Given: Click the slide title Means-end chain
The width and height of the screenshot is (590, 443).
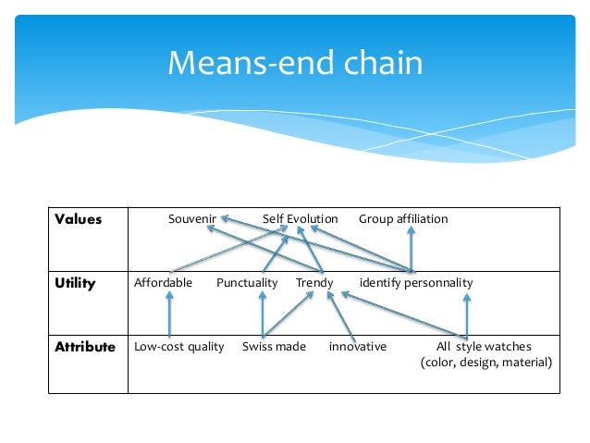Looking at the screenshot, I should click(x=294, y=63).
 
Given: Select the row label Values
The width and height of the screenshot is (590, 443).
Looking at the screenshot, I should click(x=78, y=219).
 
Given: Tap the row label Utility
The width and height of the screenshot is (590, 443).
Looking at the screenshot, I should click(x=75, y=283).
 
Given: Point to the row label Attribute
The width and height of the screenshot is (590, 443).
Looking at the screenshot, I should click(x=84, y=347).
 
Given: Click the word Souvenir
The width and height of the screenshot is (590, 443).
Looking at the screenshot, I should click(x=192, y=219).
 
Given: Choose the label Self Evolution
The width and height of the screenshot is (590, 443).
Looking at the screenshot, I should click(x=300, y=219).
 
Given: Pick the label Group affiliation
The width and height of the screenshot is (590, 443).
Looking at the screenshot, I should click(x=403, y=219).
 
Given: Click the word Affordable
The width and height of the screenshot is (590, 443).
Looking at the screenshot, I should click(x=163, y=283).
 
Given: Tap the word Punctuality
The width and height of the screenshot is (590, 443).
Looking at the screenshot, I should click(x=247, y=283).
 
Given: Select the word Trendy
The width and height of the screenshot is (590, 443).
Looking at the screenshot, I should click(x=314, y=283).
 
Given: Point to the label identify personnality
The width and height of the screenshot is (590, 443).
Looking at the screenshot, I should click(x=416, y=283).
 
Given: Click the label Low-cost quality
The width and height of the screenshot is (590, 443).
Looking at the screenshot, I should click(x=179, y=347).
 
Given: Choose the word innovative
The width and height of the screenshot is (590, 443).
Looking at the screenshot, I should click(x=358, y=347).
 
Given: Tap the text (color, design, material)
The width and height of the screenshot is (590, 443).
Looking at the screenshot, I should click(x=486, y=362).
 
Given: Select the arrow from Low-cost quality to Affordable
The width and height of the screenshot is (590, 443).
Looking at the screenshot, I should click(x=169, y=314).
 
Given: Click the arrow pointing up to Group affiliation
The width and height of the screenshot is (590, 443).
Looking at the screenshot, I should click(x=412, y=250).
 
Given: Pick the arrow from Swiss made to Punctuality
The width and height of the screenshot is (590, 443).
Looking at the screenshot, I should click(x=263, y=314).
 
